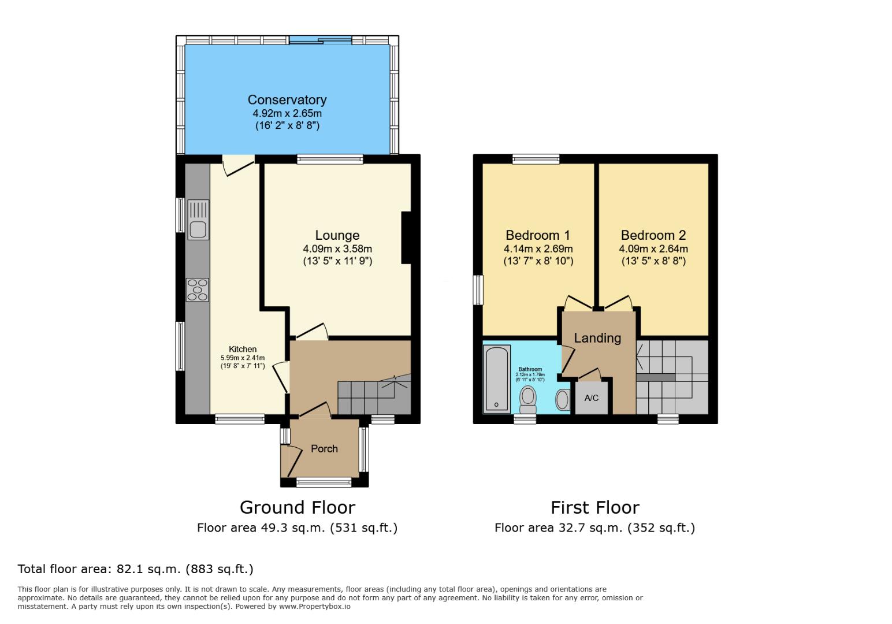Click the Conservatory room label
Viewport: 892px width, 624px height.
pyautogui.click(x=287, y=100)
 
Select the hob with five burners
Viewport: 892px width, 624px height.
pyautogui.click(x=198, y=289)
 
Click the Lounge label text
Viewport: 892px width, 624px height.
pyautogui.click(x=337, y=235)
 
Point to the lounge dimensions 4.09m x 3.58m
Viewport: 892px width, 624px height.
pyautogui.click(x=337, y=249)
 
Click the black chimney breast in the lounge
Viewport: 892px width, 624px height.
pyautogui.click(x=406, y=238)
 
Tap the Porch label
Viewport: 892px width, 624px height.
pyautogui.click(x=324, y=449)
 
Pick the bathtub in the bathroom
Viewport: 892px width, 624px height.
pyautogui.click(x=497, y=379)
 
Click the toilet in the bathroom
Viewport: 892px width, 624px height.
pyautogui.click(x=527, y=398)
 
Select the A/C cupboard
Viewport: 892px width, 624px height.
pyautogui.click(x=592, y=398)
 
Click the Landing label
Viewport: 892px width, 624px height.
pyautogui.click(x=597, y=338)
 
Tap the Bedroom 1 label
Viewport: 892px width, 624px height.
pyautogui.click(x=537, y=235)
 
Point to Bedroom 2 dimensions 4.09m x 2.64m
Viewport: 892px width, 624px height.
pyautogui.click(x=653, y=249)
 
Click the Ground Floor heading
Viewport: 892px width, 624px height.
pyautogui.click(x=297, y=507)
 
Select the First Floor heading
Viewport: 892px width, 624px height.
pyautogui.click(x=594, y=507)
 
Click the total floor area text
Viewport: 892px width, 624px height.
pyautogui.click(x=136, y=569)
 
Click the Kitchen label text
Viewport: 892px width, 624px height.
pyautogui.click(x=243, y=349)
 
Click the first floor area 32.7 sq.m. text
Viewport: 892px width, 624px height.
pyautogui.click(x=594, y=528)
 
